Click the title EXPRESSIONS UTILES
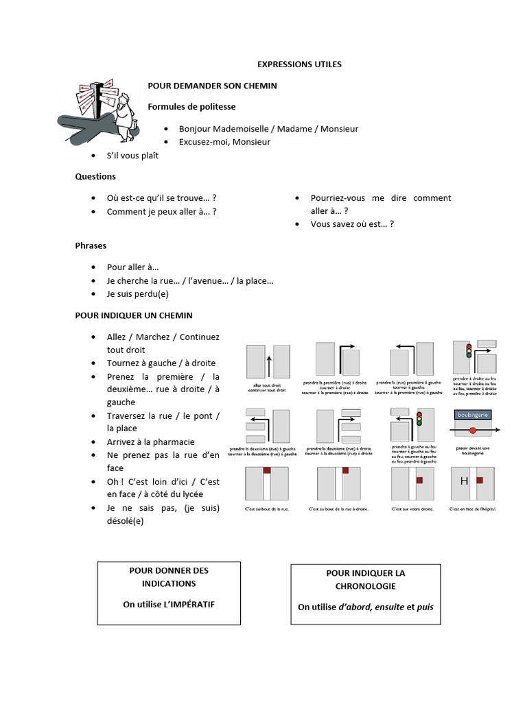(x=298, y=64)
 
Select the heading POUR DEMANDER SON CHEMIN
(x=213, y=86)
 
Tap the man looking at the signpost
(x=124, y=114)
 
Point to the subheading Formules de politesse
(x=191, y=107)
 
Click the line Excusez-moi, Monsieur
(x=224, y=142)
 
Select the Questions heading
(x=95, y=176)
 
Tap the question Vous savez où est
(x=352, y=224)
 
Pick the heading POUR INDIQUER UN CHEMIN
(x=134, y=315)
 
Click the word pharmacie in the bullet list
(x=172, y=441)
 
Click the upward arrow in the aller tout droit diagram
(x=269, y=367)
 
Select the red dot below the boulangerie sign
(x=472, y=431)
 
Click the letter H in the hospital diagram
(x=465, y=481)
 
